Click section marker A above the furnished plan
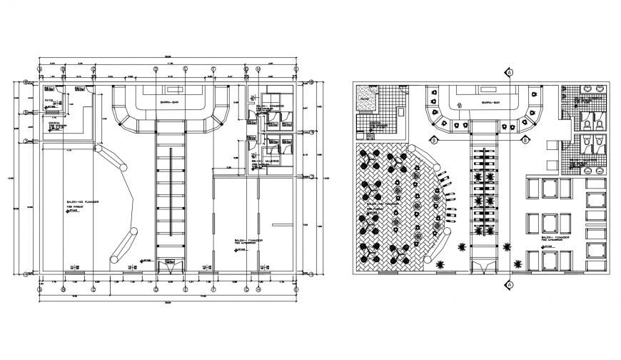(x=510, y=72)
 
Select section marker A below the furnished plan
(x=510, y=285)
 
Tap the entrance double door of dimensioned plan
(x=170, y=264)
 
